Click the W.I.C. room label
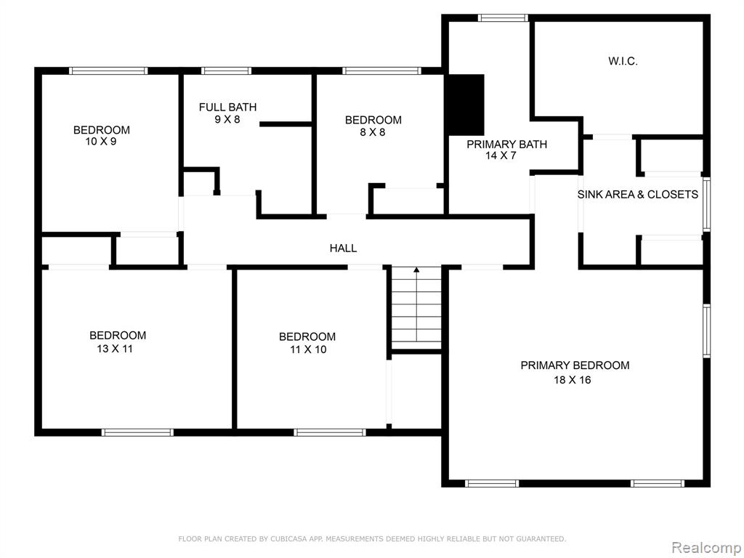coord(623,61)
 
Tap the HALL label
coord(343,248)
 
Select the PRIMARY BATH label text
coord(506,145)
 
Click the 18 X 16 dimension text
coord(573,379)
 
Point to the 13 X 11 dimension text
coord(115,349)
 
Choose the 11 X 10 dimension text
coord(308,349)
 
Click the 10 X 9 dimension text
coord(101,142)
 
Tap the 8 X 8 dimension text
coord(373,132)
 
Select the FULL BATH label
coord(227,108)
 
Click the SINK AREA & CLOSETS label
coord(638,195)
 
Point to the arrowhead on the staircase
coord(416,270)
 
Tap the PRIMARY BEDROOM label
coord(575,365)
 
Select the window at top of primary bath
coord(503,18)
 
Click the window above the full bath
coord(227,71)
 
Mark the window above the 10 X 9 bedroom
coord(108,71)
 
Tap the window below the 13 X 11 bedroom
coord(137,433)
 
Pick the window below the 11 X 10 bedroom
coord(330,433)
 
